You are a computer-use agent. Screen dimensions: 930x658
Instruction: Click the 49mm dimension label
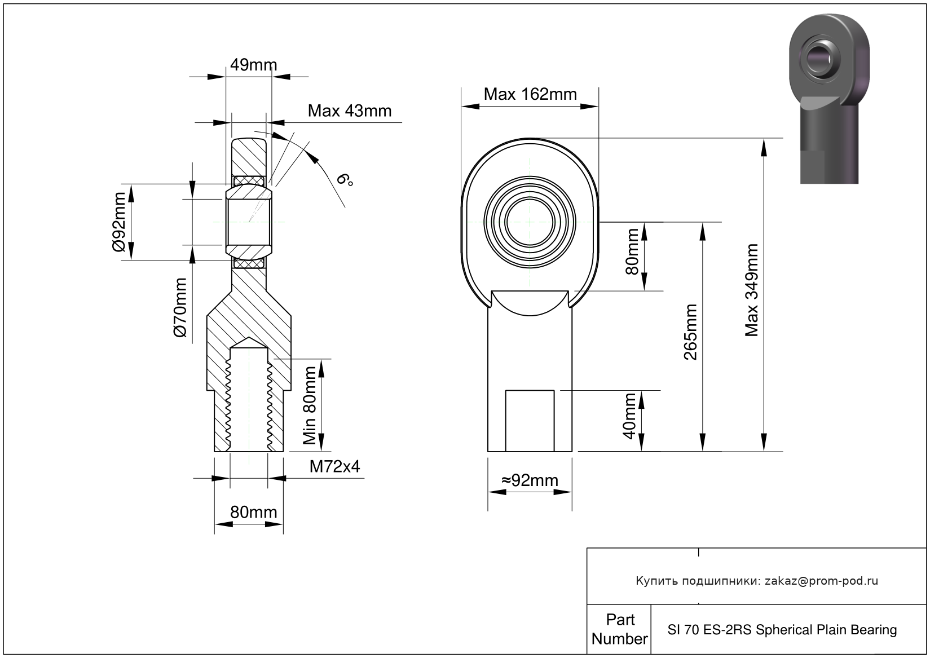[x=253, y=65]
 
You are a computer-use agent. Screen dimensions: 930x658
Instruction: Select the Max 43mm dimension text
[x=350, y=111]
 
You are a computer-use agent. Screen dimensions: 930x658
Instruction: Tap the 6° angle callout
[x=345, y=179]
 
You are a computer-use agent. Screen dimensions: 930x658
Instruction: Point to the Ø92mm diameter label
[x=119, y=222]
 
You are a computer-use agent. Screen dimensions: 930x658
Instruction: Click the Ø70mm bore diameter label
[x=180, y=308]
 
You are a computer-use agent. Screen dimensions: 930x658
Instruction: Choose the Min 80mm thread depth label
[x=310, y=405]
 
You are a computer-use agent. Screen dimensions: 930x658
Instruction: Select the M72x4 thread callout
[x=334, y=467]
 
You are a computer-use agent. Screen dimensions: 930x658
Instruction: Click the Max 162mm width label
[x=530, y=94]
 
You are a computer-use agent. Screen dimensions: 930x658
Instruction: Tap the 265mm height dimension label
[x=690, y=332]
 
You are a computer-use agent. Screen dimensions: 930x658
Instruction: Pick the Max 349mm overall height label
[x=751, y=290]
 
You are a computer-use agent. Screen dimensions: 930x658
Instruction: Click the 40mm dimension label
[x=629, y=416]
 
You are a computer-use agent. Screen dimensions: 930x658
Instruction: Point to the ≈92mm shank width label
[x=530, y=480]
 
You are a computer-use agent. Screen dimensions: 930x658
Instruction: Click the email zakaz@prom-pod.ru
[x=821, y=581]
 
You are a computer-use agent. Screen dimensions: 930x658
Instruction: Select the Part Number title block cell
[x=619, y=629]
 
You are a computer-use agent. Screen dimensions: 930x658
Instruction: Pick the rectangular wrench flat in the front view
[x=530, y=421]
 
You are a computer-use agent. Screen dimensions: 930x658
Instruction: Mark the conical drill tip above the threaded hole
[x=249, y=343]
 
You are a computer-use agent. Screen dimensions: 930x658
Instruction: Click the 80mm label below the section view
[x=253, y=513]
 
